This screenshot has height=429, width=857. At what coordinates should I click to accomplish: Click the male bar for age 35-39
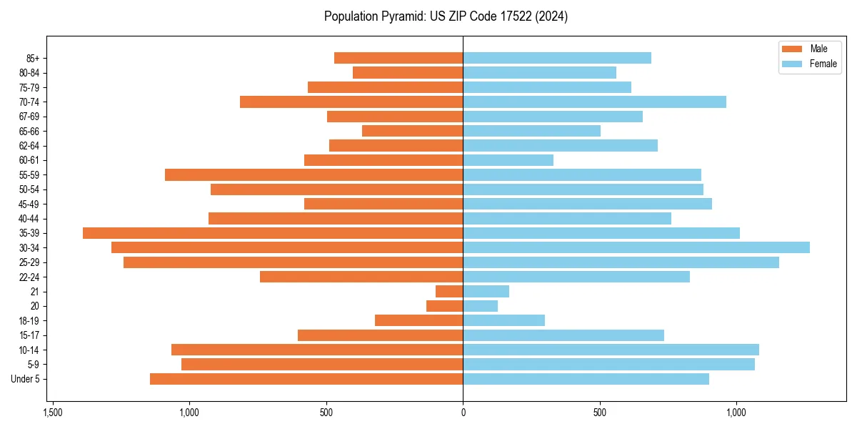click(273, 233)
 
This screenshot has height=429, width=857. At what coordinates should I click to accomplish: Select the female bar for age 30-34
click(636, 247)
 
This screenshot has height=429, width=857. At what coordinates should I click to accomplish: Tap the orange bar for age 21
click(449, 292)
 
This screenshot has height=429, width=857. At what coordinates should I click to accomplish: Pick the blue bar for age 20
click(480, 306)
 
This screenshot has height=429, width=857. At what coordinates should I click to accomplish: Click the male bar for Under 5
click(306, 379)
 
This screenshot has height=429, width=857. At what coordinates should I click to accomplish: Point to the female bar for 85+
click(557, 58)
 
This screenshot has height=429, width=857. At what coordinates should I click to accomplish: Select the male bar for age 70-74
click(351, 102)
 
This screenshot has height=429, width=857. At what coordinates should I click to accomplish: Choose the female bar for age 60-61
click(508, 160)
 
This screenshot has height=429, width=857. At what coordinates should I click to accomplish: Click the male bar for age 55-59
click(314, 174)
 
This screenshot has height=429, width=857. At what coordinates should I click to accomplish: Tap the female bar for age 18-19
click(503, 320)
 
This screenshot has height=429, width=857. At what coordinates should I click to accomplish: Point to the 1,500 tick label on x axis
click(52, 413)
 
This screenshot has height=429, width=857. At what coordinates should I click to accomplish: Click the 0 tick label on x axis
click(463, 413)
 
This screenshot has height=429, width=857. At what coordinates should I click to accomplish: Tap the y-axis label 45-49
click(29, 204)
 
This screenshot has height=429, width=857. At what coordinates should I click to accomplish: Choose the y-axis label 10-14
click(29, 350)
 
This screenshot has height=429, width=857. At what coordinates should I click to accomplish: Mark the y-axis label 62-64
click(29, 145)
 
